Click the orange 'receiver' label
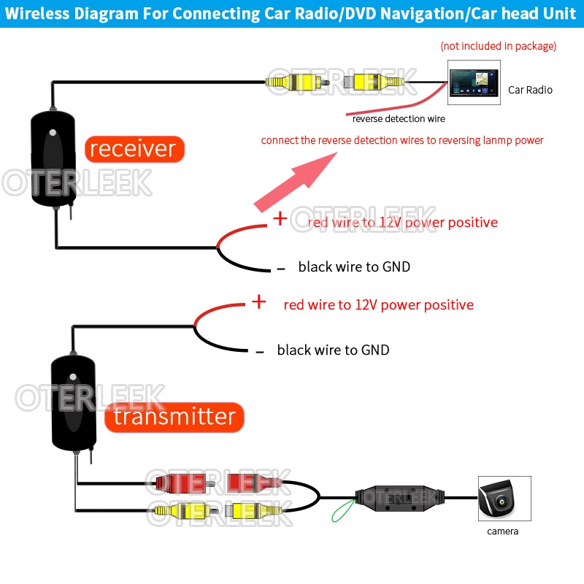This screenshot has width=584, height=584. [x=134, y=149]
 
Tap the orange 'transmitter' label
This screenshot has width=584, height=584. [x=174, y=417]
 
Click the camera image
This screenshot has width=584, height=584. [x=504, y=499]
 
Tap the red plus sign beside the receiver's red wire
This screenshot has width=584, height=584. [x=280, y=218]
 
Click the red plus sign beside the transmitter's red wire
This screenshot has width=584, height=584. [x=258, y=301]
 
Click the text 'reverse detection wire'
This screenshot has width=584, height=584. [x=398, y=118]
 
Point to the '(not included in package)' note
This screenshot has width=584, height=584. [x=498, y=46]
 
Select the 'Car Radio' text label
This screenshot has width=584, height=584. [x=530, y=90]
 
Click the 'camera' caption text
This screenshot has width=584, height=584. [x=502, y=531]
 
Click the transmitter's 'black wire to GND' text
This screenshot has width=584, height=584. [x=333, y=350]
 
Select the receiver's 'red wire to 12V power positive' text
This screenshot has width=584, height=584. [x=402, y=222]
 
